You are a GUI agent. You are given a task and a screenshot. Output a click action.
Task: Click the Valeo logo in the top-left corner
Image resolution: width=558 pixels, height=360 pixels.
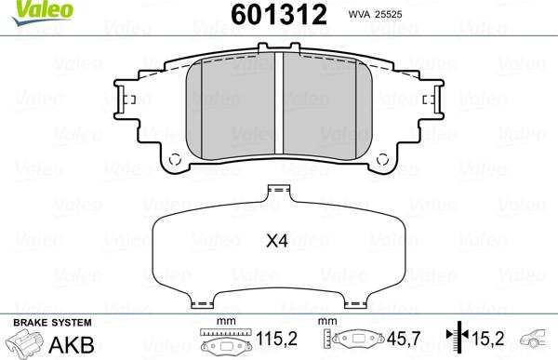pyautogui.click(x=29, y=8)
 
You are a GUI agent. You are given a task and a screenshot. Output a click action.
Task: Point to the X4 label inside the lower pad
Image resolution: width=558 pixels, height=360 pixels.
pyautogui.click(x=276, y=242)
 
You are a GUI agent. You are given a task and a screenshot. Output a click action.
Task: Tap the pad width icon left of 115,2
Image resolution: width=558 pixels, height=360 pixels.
pyautogui.click(x=223, y=343)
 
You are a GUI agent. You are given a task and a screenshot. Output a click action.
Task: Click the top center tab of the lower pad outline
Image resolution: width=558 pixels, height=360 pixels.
pyautogui.click(x=272, y=191)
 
